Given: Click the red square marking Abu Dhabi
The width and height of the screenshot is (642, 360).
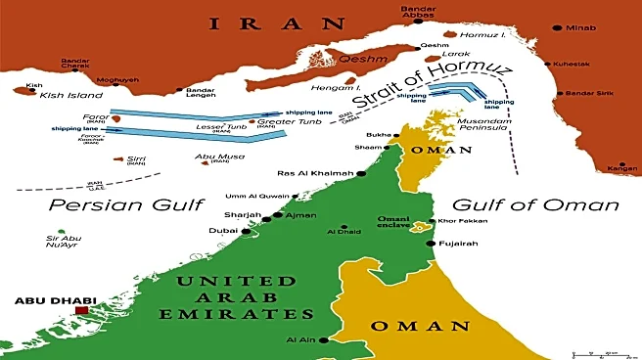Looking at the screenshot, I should pyautogui.click(x=81, y=311).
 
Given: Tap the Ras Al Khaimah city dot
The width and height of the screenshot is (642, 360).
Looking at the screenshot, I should pyautogui.click(x=361, y=174).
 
